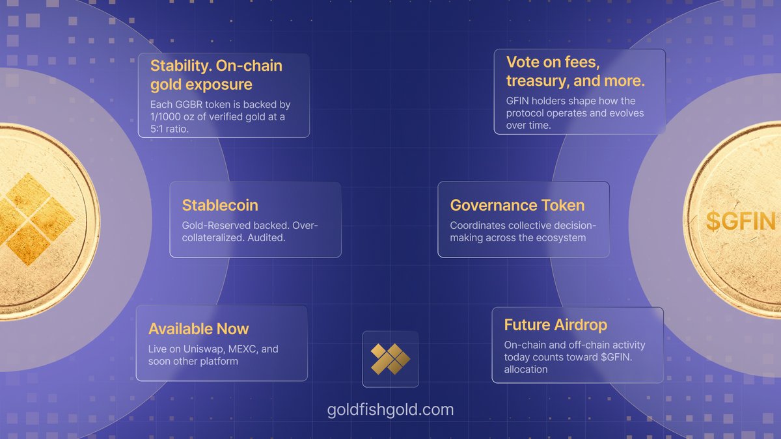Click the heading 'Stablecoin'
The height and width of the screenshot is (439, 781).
(x=220, y=206)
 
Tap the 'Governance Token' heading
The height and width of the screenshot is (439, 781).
(x=517, y=206)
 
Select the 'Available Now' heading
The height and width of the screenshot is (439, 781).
(x=199, y=329)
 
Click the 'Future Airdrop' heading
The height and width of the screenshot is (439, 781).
(x=555, y=325)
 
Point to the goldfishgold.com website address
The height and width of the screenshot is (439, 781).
(x=390, y=410)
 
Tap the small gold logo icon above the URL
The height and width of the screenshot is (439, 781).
(x=390, y=359)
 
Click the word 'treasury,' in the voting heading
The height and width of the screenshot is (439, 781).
(x=539, y=81)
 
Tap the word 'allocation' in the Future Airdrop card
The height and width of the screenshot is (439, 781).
(x=526, y=369)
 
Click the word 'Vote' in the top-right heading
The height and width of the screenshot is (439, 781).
(x=525, y=62)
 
